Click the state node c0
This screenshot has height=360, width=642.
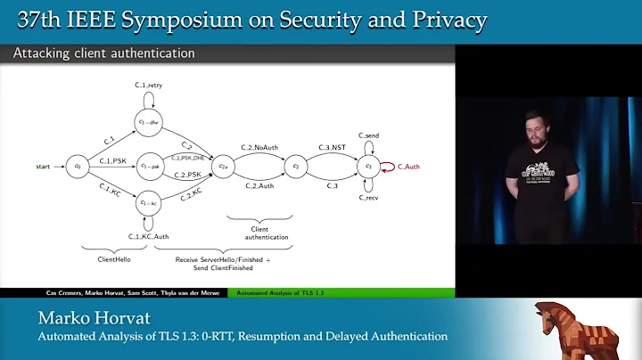click(x=78, y=166)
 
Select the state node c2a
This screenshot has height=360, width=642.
click(x=226, y=166)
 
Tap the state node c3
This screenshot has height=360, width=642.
click(x=367, y=166)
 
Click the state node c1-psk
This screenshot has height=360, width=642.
click(x=148, y=166)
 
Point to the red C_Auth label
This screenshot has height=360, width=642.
click(x=410, y=166)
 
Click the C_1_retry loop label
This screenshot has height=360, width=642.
click(x=148, y=85)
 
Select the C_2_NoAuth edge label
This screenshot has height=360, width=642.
click(x=259, y=146)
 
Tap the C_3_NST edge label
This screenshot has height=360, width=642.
click(x=332, y=146)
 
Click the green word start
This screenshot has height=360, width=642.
click(x=43, y=166)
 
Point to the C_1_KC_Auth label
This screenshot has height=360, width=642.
click(x=148, y=236)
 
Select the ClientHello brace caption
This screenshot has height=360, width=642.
click(x=114, y=261)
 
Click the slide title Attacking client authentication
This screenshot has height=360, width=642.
click(x=103, y=53)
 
